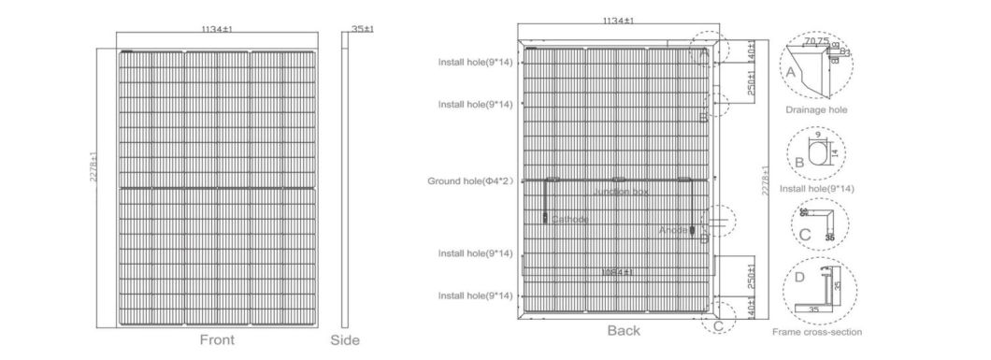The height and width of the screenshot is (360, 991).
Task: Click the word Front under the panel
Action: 217,340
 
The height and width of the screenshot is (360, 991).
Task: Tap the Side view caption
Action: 345,340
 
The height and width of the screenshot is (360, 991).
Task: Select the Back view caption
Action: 624,330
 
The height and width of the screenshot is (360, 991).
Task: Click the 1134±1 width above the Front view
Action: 217,30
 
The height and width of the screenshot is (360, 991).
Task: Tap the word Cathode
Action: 570,219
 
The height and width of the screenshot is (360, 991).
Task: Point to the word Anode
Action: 672,229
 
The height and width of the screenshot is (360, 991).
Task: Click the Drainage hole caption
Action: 815,109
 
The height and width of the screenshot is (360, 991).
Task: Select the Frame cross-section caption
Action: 816,332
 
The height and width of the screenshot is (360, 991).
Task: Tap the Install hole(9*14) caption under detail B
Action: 816,188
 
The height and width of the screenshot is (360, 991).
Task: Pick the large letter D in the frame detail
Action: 798,278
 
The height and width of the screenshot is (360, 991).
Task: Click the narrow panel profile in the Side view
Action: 346,182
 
